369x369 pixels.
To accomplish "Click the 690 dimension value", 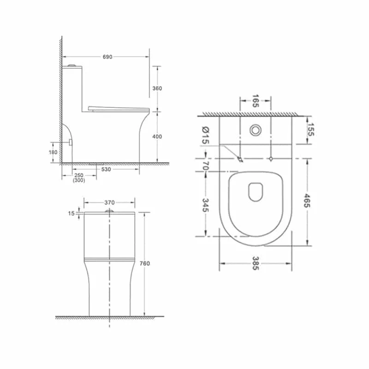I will (x=107, y=57).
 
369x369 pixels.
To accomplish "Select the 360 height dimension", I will (x=159, y=89).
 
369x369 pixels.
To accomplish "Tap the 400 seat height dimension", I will (x=159, y=137).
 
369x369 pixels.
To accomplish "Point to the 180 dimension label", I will (x=53, y=152).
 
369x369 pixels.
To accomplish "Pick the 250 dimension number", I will (x=78, y=176).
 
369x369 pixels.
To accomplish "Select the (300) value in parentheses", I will (x=78, y=181).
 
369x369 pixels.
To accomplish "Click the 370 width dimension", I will (x=109, y=202).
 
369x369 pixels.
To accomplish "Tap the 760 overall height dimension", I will (x=146, y=263).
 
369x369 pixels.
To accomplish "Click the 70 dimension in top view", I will (x=206, y=165).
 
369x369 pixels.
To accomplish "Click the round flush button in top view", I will (x=255, y=131).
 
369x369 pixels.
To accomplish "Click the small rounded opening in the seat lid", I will (x=255, y=191).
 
